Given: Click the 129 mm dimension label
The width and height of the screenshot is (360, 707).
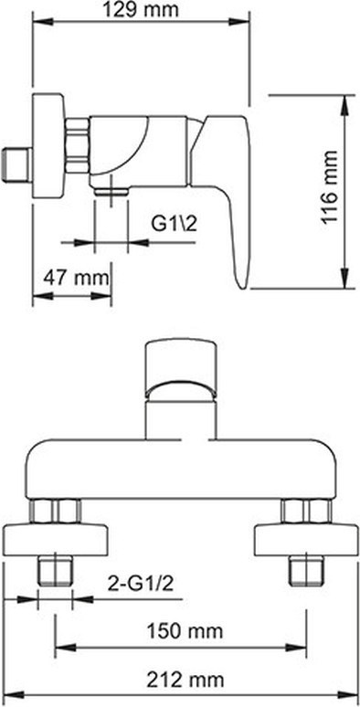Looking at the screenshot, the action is point(141,10).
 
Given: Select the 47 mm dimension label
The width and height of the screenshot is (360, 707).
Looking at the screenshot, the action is point(76,278).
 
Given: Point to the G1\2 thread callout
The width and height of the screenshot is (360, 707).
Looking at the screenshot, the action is point(174,224).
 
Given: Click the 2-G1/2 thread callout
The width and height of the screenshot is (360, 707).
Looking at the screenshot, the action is point(141,584).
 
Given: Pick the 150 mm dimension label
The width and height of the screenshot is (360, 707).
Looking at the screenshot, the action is point(185,631).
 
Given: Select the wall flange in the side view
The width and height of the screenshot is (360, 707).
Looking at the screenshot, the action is point(48,145).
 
